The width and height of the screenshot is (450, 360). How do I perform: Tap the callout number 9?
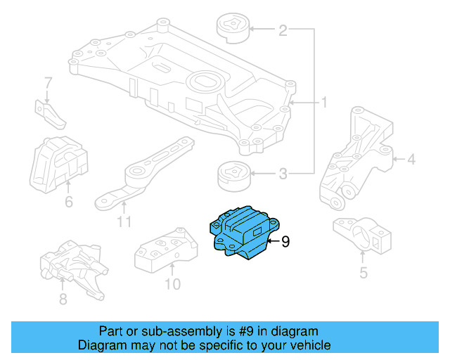pyautogui.click(x=285, y=243)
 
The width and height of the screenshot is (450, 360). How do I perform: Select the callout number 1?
pyautogui.click(x=324, y=103)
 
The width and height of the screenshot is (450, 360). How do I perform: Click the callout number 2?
pyautogui.click(x=283, y=30)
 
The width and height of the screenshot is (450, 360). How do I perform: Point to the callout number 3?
pyautogui.click(x=283, y=173)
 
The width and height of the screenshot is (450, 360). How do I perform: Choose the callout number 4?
pyautogui.click(x=411, y=160)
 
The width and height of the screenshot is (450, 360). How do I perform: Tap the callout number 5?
pyautogui.click(x=363, y=272)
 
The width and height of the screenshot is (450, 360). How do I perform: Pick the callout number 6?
pyautogui.click(x=68, y=202)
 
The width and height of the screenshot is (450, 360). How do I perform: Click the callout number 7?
pyautogui.click(x=48, y=83)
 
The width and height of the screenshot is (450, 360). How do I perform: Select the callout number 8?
pyautogui.click(x=63, y=300)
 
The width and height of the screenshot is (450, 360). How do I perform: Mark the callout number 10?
pyautogui.click(x=172, y=284)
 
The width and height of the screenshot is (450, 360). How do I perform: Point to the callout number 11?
pyautogui.click(x=124, y=224)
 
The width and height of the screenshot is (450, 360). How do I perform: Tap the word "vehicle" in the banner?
pyautogui.click(x=304, y=345)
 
